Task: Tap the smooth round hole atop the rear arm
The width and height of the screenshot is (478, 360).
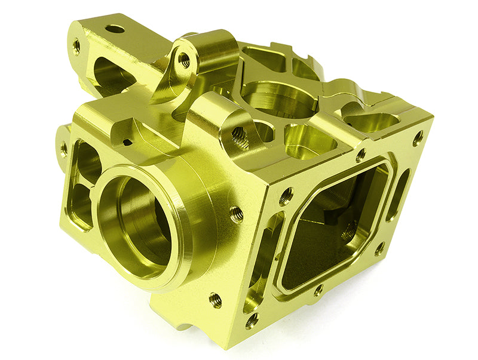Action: click(x=115, y=29)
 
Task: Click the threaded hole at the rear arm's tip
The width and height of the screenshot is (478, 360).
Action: click(x=76, y=47)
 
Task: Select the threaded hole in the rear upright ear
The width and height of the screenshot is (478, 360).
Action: click(x=185, y=60)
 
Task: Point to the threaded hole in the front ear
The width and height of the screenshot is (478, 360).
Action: click(x=239, y=136)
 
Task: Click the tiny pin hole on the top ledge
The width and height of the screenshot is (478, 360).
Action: click(x=127, y=142)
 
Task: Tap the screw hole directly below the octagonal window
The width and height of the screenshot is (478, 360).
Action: click(x=318, y=291)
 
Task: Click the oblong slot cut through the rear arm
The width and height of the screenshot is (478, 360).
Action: click(x=108, y=72)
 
